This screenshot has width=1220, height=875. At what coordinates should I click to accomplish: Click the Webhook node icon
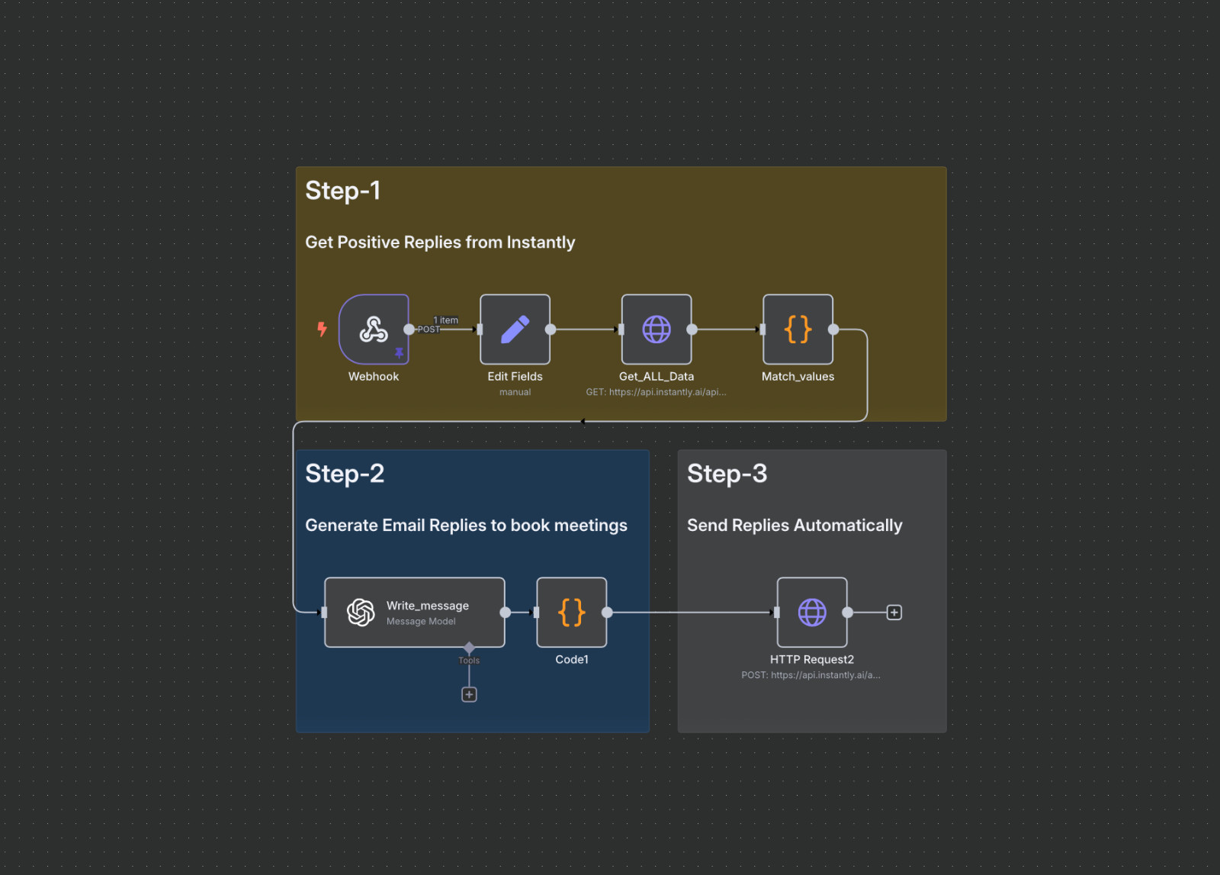pyautogui.click(x=374, y=330)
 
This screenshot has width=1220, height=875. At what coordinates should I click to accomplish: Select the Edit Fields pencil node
pyautogui.click(x=515, y=330)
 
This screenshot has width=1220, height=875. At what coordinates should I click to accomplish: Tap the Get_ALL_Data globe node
pyautogui.click(x=657, y=330)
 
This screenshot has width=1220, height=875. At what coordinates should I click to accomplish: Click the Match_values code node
pyautogui.click(x=798, y=330)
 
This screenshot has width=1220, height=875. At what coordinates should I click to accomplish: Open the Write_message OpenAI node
pyautogui.click(x=414, y=613)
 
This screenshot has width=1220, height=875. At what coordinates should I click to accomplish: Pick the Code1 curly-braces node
pyautogui.click(x=572, y=613)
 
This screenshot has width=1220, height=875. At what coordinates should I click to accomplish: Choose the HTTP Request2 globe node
pyautogui.click(x=812, y=613)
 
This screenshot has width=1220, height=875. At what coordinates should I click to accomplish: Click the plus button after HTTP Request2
pyautogui.click(x=894, y=613)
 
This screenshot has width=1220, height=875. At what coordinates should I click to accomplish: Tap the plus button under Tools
pyautogui.click(x=469, y=694)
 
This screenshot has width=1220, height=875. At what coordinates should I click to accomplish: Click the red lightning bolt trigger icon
pyautogui.click(x=322, y=329)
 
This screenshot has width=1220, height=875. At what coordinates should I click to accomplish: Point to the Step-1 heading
pyautogui.click(x=342, y=191)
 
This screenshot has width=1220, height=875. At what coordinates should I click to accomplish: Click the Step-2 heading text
pyautogui.click(x=345, y=474)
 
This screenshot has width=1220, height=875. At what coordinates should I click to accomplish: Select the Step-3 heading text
pyautogui.click(x=727, y=474)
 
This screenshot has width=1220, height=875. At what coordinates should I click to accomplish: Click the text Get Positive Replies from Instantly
pyautogui.click(x=440, y=243)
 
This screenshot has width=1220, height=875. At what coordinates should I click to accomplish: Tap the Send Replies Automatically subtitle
pyautogui.click(x=795, y=526)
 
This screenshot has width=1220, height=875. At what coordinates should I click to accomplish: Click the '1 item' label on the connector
pyautogui.click(x=446, y=320)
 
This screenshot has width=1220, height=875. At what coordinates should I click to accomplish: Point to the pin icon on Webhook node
pyautogui.click(x=399, y=352)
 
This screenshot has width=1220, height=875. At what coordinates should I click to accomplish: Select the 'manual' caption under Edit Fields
pyautogui.click(x=515, y=392)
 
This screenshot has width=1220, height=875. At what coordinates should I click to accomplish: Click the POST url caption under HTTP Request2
pyautogui.click(x=811, y=675)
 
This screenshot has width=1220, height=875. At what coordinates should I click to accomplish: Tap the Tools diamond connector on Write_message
pyautogui.click(x=469, y=648)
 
